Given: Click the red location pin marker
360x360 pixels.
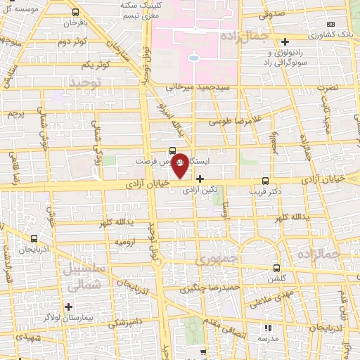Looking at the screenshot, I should click(180, 166).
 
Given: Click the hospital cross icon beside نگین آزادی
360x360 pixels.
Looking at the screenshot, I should click(200, 179).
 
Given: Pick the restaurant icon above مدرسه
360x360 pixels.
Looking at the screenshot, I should click(266, 328).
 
